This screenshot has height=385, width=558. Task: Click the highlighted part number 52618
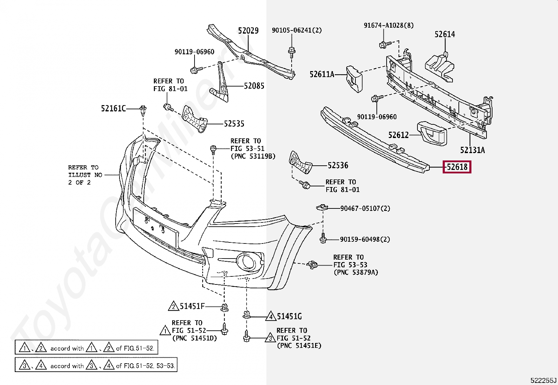click(x=457, y=167)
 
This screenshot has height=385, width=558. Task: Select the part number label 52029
click(x=248, y=31)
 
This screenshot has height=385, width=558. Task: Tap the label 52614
click(x=444, y=34)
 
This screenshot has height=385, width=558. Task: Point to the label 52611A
click(x=322, y=74)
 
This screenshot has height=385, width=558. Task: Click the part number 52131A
click(x=472, y=150)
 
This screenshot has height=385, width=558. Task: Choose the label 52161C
click(x=113, y=109)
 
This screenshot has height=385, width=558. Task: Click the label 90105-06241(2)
click(x=297, y=30)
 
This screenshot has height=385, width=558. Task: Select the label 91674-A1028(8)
click(x=388, y=26)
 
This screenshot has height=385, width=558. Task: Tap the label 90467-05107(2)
click(x=365, y=208)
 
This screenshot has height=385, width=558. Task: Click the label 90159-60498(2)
click(x=365, y=239)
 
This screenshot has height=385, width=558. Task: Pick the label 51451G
click(x=289, y=317)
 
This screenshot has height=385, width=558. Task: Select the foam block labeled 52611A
click(x=354, y=79)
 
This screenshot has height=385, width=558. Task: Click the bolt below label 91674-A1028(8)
click(x=384, y=44)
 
